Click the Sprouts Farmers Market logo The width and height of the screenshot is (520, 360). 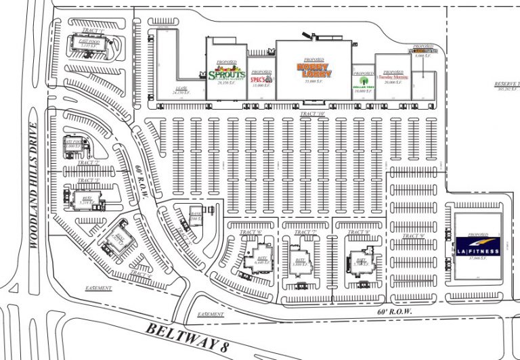226,70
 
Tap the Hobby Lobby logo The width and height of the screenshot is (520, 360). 314,70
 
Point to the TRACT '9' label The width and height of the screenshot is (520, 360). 412,236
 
